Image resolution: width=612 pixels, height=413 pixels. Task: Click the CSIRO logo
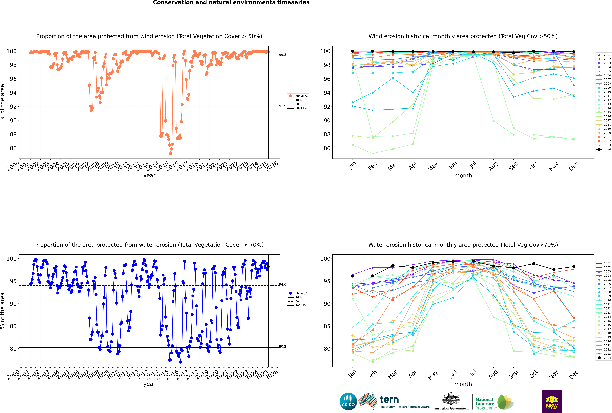[x=348, y=401]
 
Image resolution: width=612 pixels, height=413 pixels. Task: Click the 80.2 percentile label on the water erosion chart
[x=283, y=346]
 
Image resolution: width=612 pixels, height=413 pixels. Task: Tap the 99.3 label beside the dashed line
[x=283, y=55]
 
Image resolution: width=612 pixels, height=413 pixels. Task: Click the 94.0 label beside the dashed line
[x=283, y=284]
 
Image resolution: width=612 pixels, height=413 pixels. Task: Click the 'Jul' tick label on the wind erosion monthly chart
[x=473, y=165]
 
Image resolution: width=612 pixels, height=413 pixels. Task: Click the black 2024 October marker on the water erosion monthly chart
[x=534, y=264]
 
